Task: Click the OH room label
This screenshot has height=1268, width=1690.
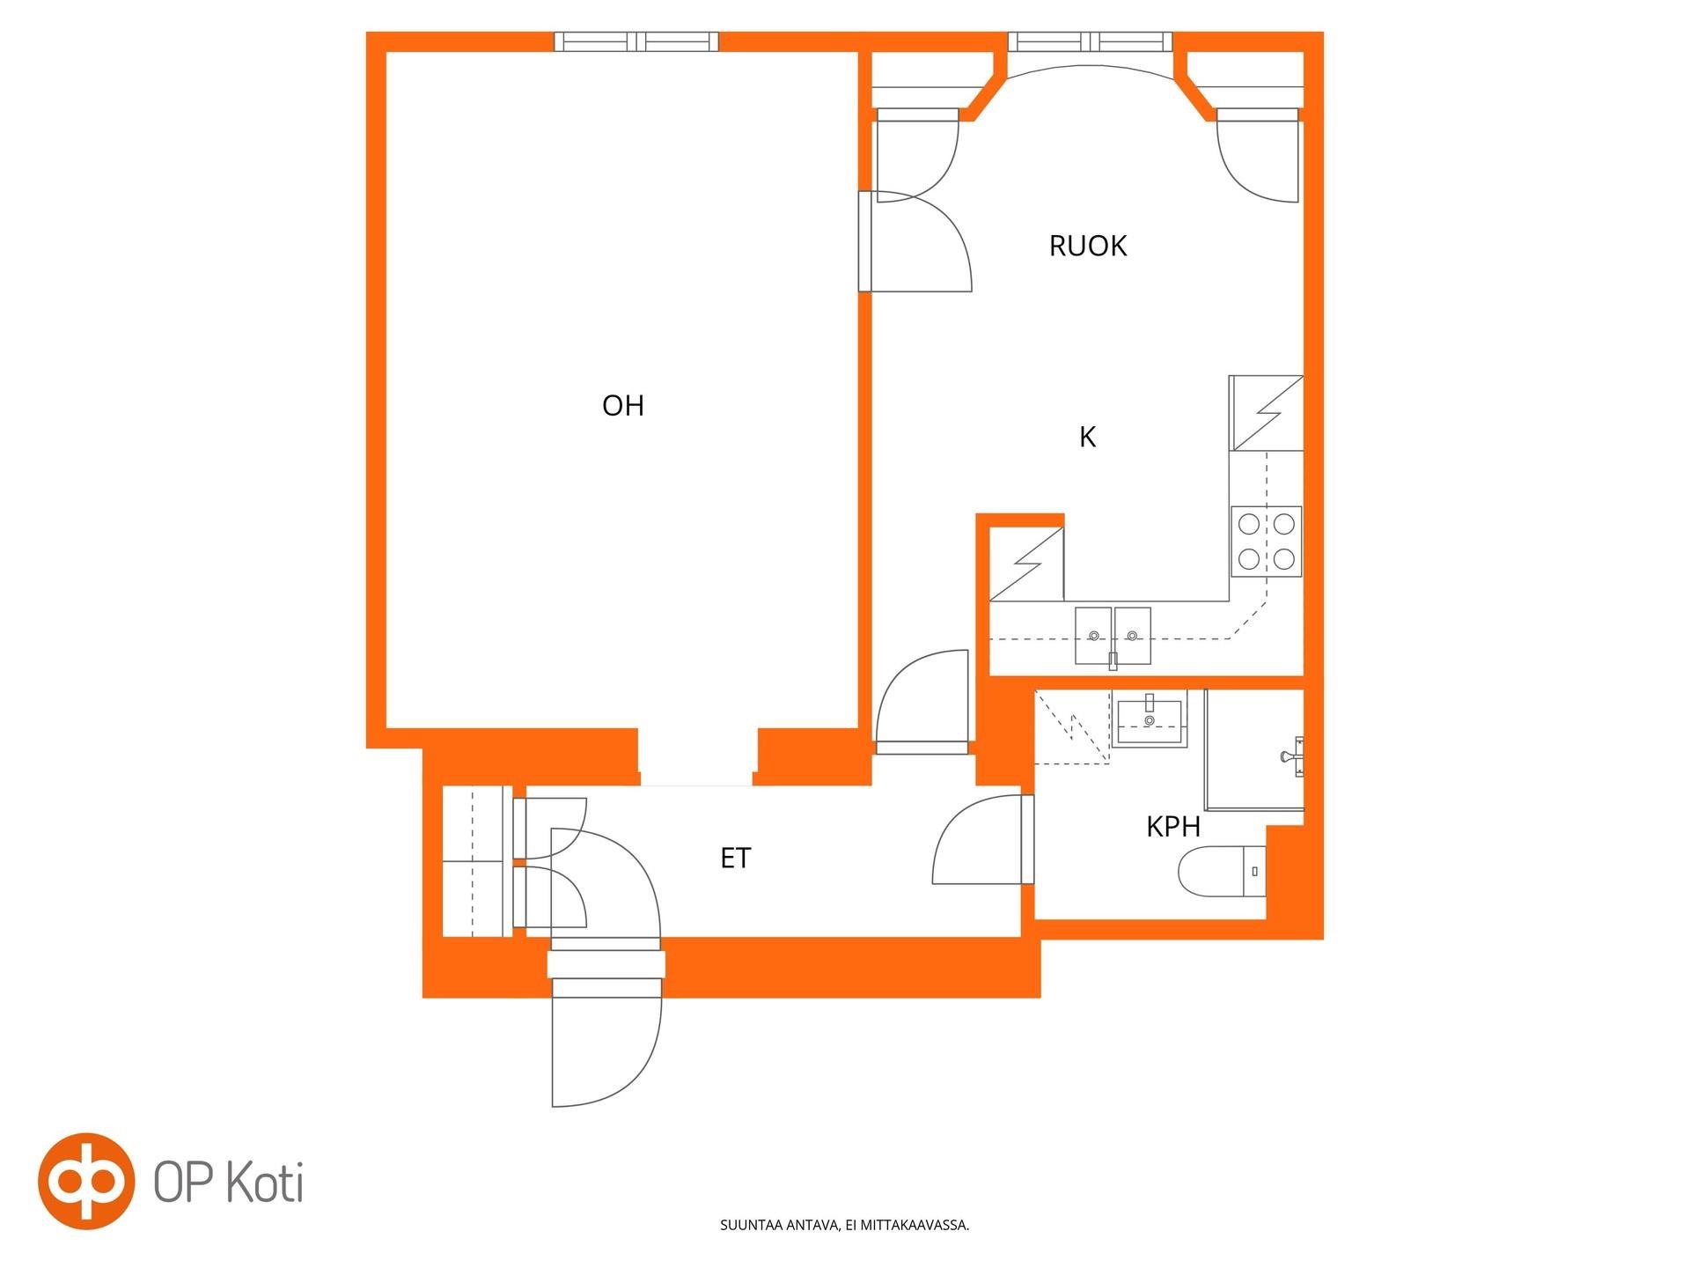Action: click(623, 406)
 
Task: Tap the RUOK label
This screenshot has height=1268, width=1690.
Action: click(1088, 246)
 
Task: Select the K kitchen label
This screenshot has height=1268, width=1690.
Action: click(1088, 437)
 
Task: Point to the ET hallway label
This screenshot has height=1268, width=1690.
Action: click(736, 859)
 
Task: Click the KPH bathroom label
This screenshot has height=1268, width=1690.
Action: click(1173, 827)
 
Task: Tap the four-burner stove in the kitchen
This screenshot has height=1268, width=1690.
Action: click(1267, 542)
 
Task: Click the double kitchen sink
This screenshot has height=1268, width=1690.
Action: click(1113, 635)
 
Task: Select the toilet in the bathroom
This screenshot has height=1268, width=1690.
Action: click(1223, 872)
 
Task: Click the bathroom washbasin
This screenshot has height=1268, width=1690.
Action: click(1150, 719)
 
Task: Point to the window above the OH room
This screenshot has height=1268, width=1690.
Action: click(636, 41)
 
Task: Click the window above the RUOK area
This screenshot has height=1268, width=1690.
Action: click(1090, 41)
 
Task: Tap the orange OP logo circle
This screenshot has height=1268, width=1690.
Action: click(86, 1182)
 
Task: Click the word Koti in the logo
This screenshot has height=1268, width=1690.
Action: click(266, 1183)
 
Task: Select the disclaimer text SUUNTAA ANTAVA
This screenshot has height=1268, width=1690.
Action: click(780, 1225)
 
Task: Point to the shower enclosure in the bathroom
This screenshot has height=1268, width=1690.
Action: click(1254, 749)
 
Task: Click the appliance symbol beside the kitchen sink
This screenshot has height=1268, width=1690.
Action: click(1027, 564)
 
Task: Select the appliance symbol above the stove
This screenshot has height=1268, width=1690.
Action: click(1267, 413)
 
